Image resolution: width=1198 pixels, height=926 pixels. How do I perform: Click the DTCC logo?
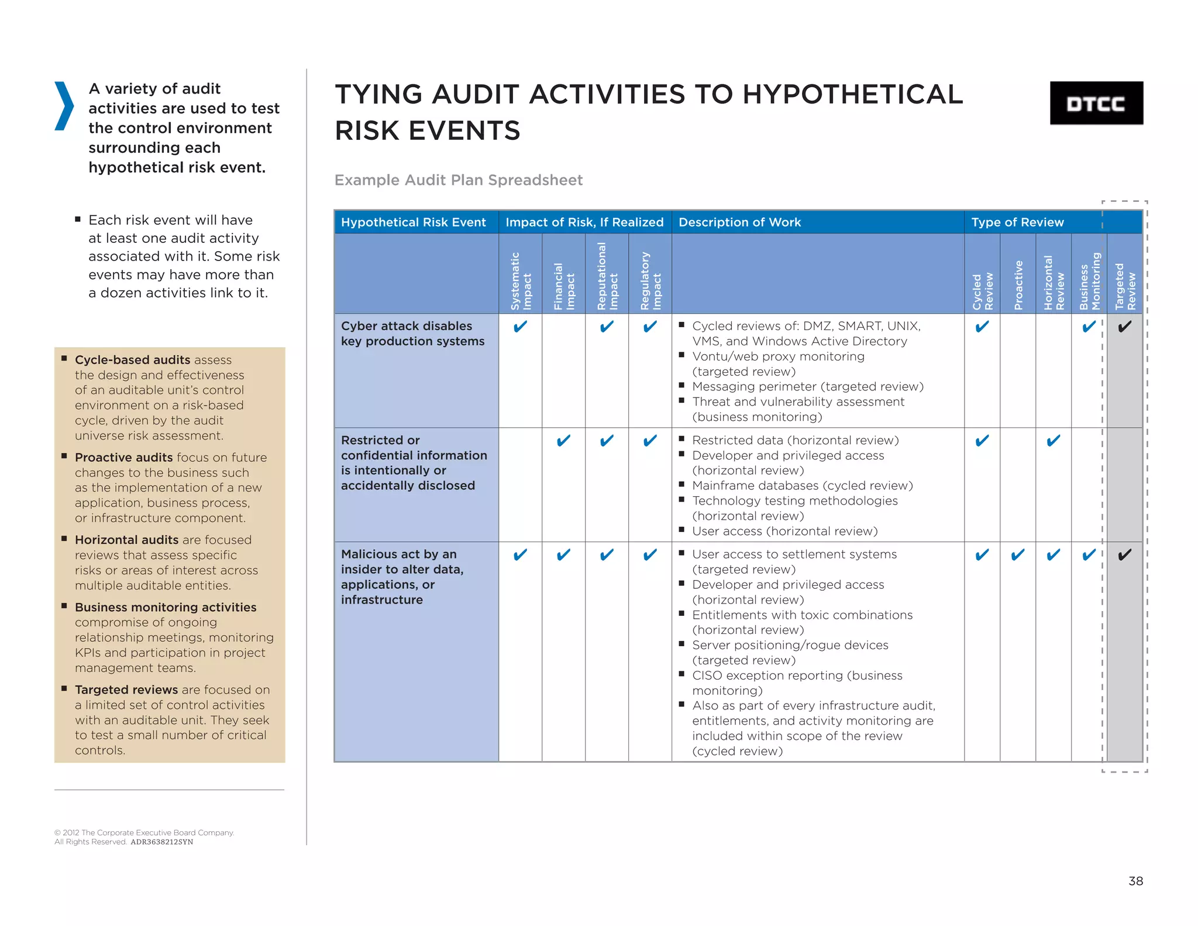(x=1096, y=103)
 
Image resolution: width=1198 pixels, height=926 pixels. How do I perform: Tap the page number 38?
(x=1135, y=880)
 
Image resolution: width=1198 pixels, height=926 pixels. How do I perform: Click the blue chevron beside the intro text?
(x=64, y=106)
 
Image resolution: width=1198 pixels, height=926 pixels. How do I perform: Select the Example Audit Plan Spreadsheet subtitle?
(x=458, y=180)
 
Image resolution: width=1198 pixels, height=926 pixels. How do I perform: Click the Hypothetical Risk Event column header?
(x=413, y=222)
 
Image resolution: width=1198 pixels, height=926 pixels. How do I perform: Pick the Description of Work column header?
(x=739, y=222)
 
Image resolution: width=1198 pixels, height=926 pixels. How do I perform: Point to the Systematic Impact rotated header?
(x=520, y=280)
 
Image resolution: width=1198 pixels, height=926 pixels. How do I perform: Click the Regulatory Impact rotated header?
(x=650, y=280)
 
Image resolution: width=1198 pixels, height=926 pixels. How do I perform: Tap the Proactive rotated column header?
(x=1018, y=284)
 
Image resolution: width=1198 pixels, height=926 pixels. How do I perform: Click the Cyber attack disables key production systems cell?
(x=412, y=334)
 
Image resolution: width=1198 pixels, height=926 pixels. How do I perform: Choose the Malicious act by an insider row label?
(x=402, y=577)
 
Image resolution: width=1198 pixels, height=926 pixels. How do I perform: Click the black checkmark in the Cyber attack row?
(x=1124, y=327)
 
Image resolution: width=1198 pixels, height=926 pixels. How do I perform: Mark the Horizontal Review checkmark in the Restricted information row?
(x=1053, y=441)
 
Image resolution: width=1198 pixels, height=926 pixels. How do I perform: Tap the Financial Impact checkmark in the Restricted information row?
(x=563, y=441)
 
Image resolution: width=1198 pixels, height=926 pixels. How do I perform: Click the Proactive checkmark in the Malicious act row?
(x=1018, y=555)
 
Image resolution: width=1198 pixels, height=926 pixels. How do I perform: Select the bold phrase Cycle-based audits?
(x=132, y=359)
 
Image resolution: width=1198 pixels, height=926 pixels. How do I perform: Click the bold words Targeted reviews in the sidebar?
(x=126, y=690)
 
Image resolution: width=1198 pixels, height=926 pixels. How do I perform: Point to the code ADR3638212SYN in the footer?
(x=161, y=842)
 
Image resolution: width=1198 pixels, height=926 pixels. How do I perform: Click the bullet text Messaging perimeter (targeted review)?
(x=807, y=386)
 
